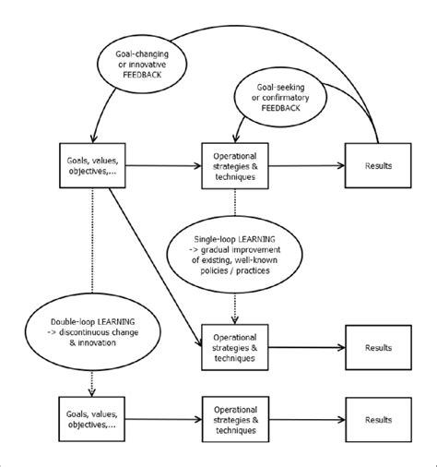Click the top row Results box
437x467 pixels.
click(378, 166)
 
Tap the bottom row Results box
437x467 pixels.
click(378, 418)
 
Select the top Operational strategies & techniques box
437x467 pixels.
click(234, 166)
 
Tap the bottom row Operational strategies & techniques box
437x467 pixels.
click(234, 418)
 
